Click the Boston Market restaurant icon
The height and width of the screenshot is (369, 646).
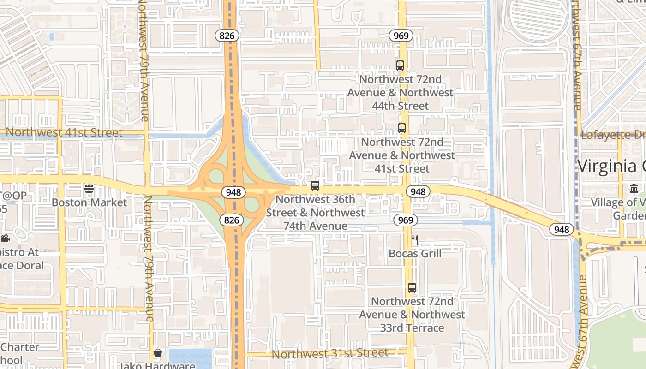pos(89,188)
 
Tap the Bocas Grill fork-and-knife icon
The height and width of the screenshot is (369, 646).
pos(415,239)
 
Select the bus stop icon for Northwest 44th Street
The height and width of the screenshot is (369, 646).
pos(400,65)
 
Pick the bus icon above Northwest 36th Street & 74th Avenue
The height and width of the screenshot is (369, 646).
pos(315,186)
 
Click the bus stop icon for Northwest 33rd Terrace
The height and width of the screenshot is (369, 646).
pos(412,288)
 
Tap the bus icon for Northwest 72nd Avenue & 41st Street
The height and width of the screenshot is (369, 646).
pos(402,128)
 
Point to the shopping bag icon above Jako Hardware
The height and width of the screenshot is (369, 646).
pos(158,353)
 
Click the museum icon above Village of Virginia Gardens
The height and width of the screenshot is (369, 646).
pos(634,188)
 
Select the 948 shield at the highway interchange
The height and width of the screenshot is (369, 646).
pos(233,192)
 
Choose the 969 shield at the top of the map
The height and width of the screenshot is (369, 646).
pos(400,36)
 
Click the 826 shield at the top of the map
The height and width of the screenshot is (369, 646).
pos(227,36)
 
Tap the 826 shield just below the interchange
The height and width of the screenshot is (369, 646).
pos(231,220)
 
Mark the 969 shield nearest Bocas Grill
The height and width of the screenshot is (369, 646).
pos(406,220)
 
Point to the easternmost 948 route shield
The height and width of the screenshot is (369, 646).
pos(562,229)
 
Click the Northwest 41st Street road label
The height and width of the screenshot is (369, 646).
pos(64,133)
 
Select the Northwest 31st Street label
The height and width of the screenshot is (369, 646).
pos(330,354)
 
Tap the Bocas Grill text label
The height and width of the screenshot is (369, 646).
pos(415,254)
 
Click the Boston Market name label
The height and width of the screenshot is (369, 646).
pos(89,202)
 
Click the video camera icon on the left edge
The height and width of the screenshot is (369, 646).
pos(5,238)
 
